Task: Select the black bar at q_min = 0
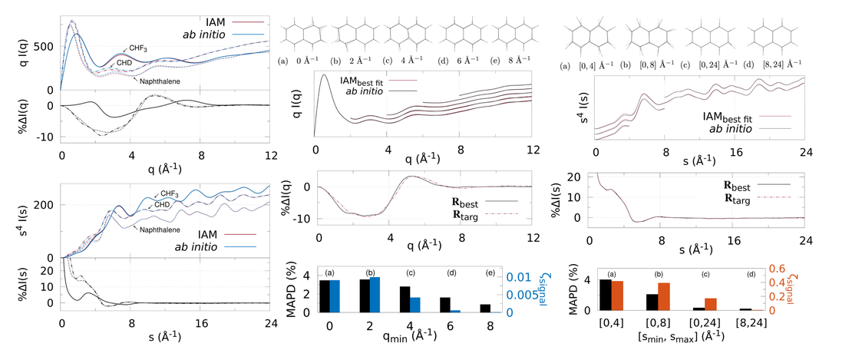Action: click(324, 296)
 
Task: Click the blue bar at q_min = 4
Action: click(415, 305)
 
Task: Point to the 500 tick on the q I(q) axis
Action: click(43, 46)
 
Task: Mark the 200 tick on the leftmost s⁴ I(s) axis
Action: click(43, 206)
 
